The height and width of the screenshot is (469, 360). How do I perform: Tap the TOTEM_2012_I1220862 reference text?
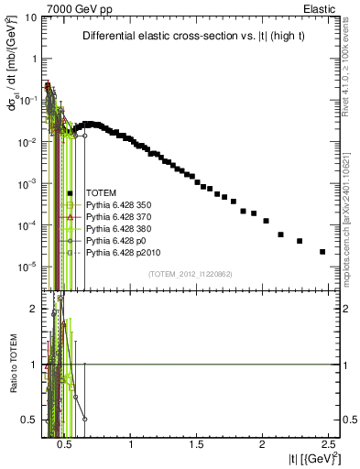191,274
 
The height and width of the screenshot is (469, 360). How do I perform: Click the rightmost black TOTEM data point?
322,251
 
